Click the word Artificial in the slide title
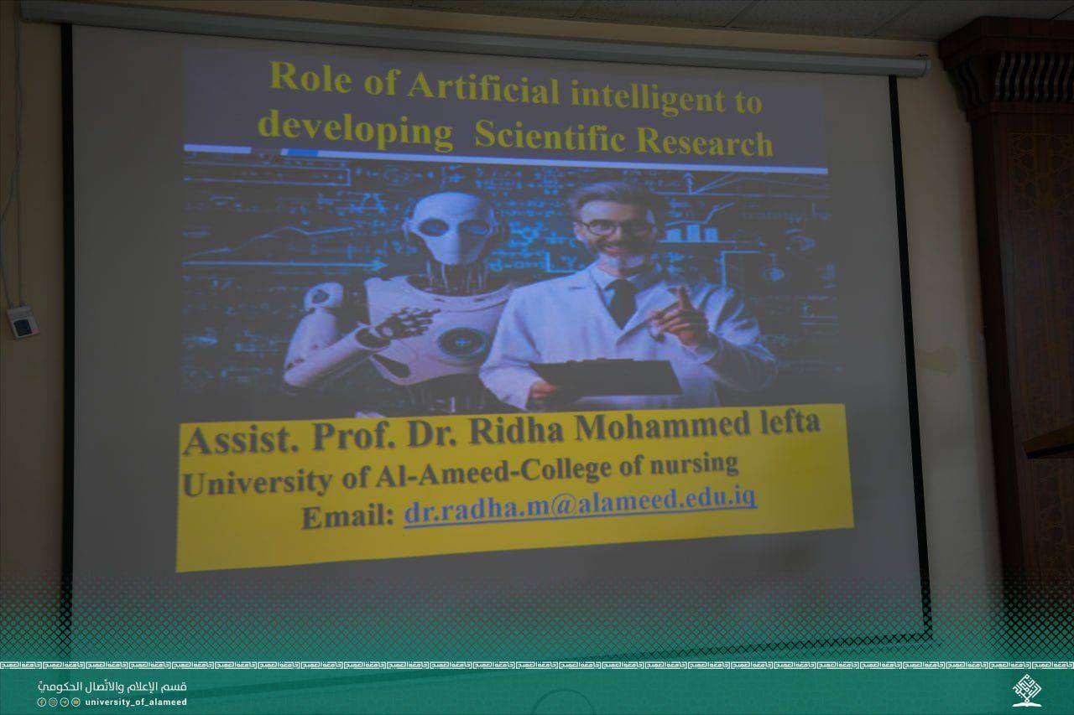(483, 88)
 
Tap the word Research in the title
(705, 142)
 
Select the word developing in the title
(355, 128)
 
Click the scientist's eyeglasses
(615, 227)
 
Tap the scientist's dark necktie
(622, 302)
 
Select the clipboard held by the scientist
(607, 376)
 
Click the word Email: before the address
(347, 517)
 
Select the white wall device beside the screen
(23, 322)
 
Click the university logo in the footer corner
(1027, 690)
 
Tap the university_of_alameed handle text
(136, 702)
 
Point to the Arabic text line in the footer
(112, 687)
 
